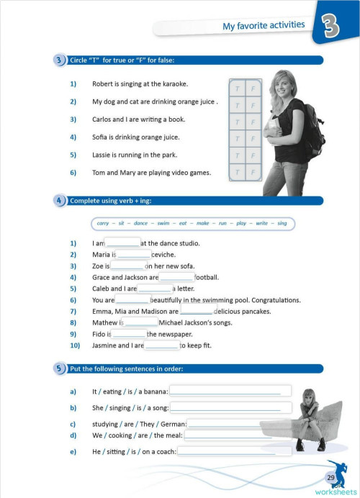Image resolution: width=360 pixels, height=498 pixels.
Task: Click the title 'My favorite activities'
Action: (263, 25)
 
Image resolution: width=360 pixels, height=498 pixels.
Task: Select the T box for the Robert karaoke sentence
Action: (237, 89)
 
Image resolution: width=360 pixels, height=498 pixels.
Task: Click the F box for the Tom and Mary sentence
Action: (253, 172)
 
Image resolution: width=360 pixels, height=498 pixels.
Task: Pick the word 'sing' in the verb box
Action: (282, 224)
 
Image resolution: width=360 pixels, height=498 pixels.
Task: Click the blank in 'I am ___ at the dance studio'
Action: (122, 243)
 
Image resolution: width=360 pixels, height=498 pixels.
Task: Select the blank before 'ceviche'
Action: (133, 255)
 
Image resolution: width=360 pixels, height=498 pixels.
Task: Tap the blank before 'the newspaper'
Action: (129, 334)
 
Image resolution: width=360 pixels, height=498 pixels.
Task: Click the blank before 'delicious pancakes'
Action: (197, 312)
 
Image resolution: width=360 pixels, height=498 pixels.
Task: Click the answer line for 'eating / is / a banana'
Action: (230, 391)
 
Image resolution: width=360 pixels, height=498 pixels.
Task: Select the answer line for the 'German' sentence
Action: (239, 424)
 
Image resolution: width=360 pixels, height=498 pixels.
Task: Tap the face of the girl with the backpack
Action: (277, 87)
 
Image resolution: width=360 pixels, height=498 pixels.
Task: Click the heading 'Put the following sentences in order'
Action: (126, 369)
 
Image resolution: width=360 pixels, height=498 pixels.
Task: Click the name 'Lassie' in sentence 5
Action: (103, 155)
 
